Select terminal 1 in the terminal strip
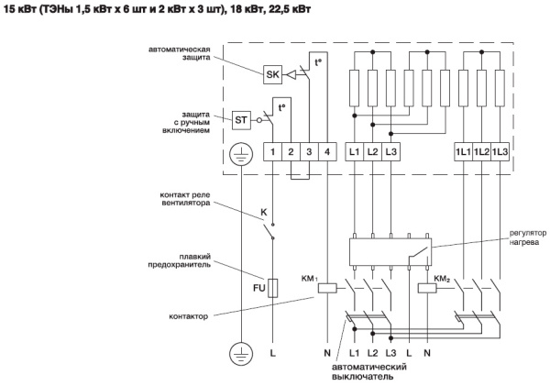pyautogui.click(x=273, y=150)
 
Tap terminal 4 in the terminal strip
pyautogui.click(x=328, y=150)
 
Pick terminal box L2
pyautogui.click(x=372, y=150)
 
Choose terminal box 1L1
pyautogui.click(x=464, y=150)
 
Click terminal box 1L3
pyautogui.click(x=500, y=150)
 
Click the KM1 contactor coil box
pyautogui.click(x=328, y=287)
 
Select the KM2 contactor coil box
pyautogui.click(x=427, y=287)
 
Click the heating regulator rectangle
pyautogui.click(x=394, y=248)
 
